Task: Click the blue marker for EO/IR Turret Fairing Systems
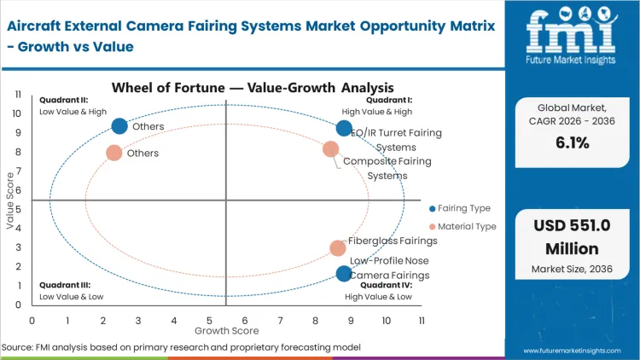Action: pos(344,129)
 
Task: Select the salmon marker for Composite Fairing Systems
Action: pos(331,149)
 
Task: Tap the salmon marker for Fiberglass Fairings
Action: pos(338,248)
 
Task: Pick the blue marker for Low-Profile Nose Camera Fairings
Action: pos(344,274)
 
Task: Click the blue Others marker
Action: pos(119,126)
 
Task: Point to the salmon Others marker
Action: pos(114,154)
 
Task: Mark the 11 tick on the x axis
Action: pos(422,320)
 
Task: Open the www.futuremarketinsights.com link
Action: pos(573,350)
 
